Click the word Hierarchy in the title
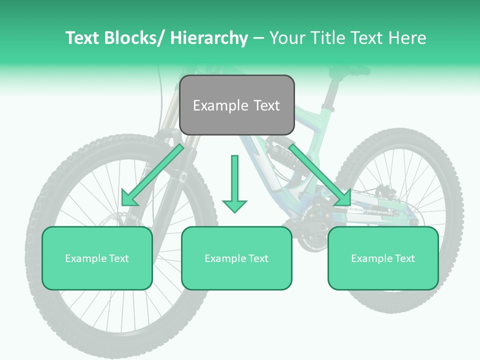point(208,38)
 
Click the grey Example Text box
point(236,105)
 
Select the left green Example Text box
point(97,258)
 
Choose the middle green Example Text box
point(236,258)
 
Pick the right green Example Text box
point(383,258)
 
